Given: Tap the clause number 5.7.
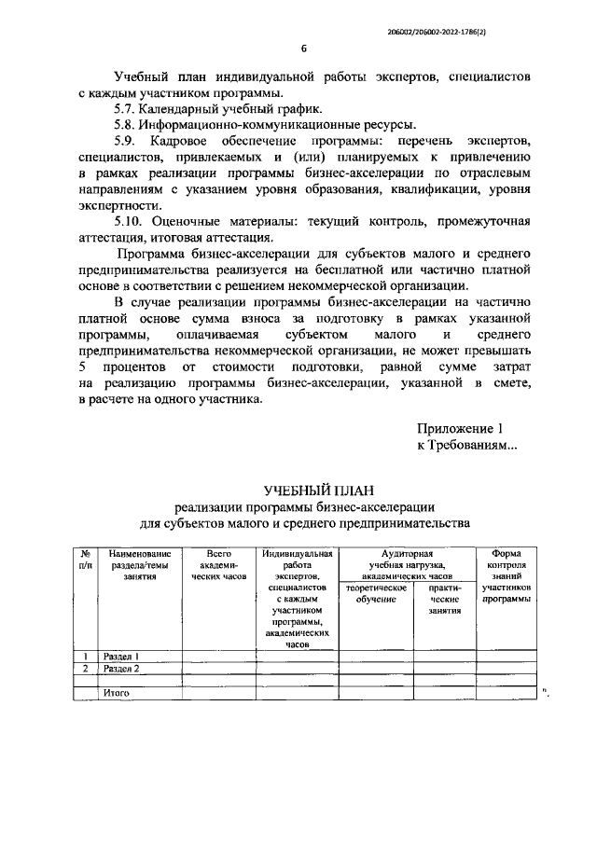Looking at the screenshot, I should [126, 108].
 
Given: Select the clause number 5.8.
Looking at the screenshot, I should [126, 124].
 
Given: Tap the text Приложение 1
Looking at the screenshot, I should [460, 428].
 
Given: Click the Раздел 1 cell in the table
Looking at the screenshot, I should [121, 656].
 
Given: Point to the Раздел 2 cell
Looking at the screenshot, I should [121, 669].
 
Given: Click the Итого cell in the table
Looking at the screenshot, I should [116, 693].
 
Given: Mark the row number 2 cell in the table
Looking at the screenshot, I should [86, 669].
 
